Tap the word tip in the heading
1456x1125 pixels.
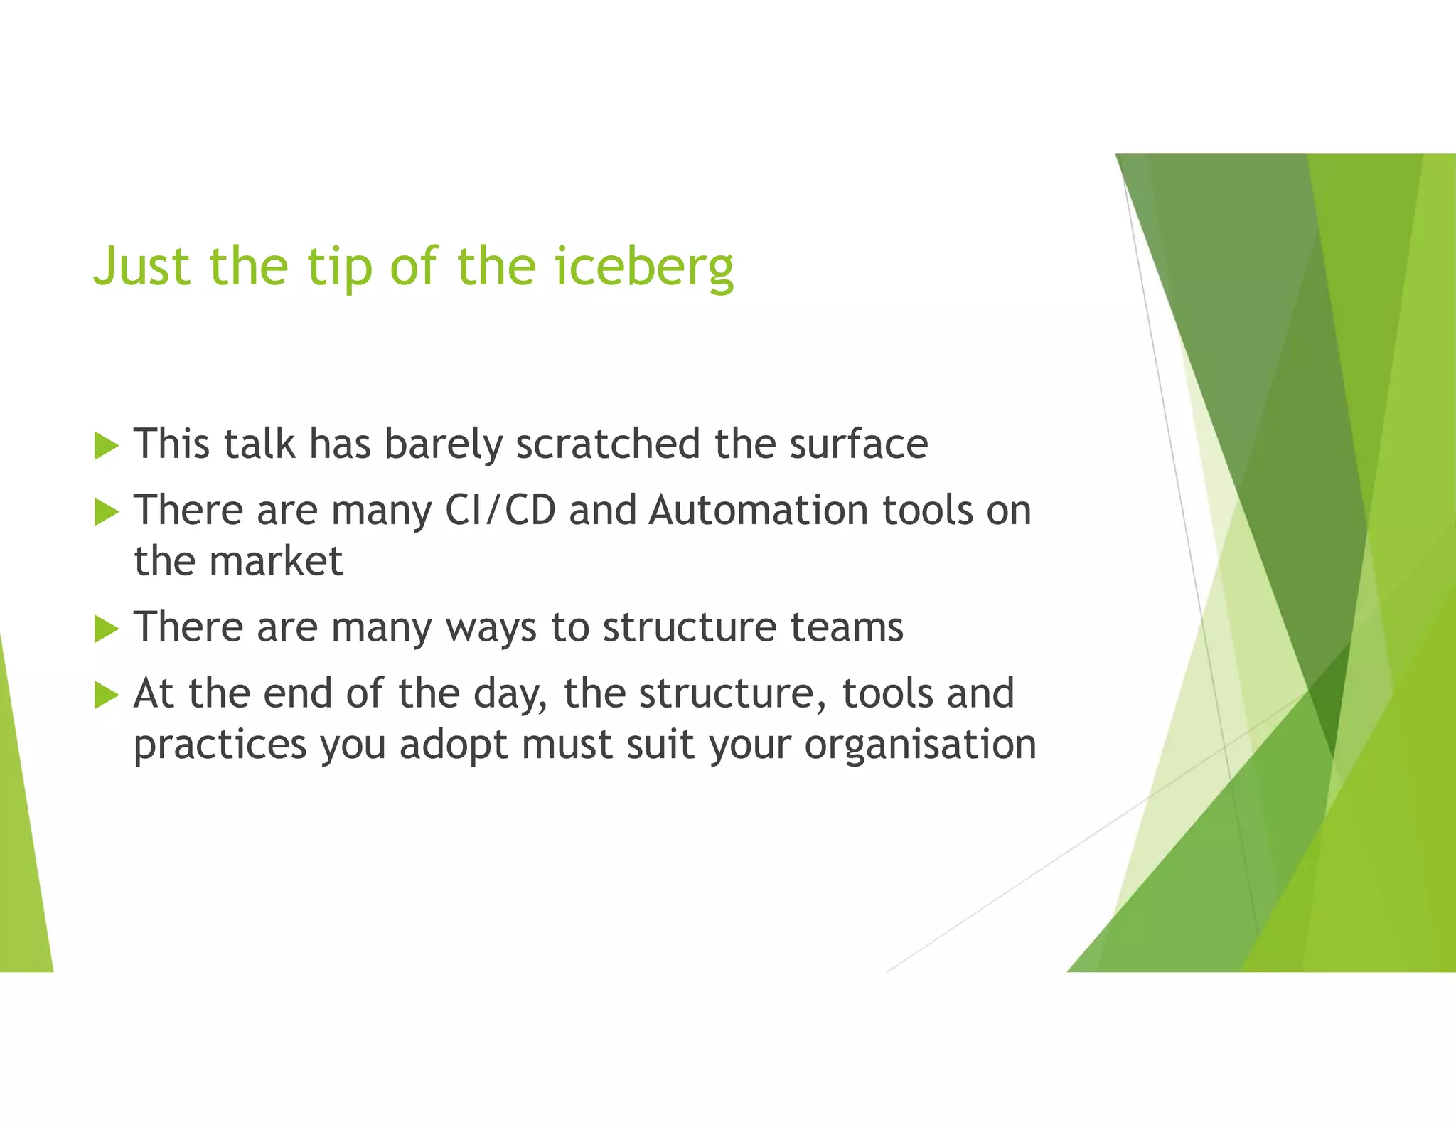click(339, 267)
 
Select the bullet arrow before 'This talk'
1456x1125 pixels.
click(106, 447)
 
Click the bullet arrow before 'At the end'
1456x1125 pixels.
click(106, 695)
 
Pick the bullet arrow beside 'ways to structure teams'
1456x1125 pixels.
click(106, 629)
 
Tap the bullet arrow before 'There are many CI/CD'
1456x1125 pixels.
click(106, 512)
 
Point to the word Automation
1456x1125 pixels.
click(758, 511)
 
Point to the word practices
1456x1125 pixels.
click(220, 745)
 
